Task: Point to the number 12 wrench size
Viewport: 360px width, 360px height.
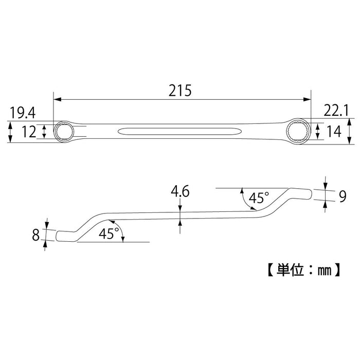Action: coord(29,132)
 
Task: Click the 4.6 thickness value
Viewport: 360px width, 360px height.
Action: coord(180,192)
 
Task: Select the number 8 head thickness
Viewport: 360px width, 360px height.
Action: coord(36,236)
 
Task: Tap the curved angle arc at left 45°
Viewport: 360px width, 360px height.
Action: coord(121,232)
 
